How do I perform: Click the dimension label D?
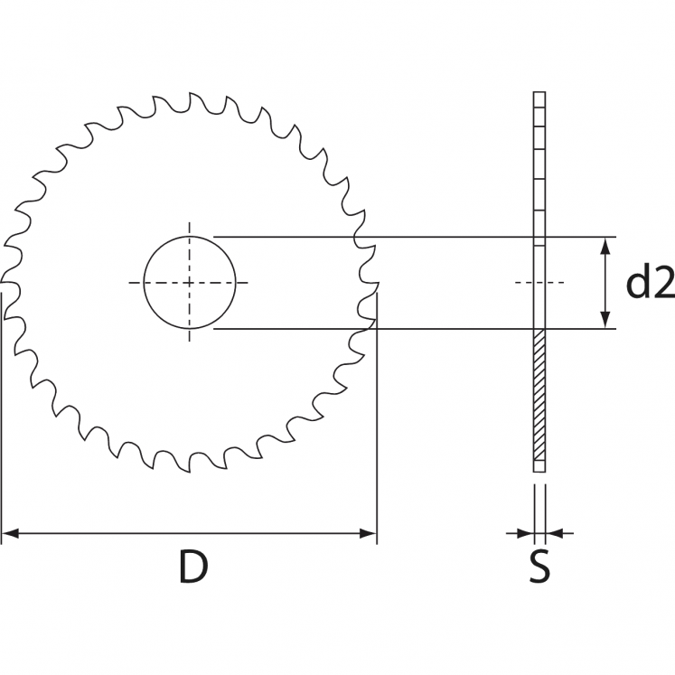[x=192, y=567]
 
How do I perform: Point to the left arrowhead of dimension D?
[x=9, y=534]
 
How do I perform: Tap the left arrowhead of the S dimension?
[x=526, y=533]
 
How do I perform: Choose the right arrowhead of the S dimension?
[x=554, y=533]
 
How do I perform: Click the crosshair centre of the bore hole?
[x=190, y=283]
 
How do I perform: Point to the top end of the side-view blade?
[x=539, y=95]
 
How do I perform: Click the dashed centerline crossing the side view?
[x=539, y=283]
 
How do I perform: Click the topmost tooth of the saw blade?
[x=192, y=97]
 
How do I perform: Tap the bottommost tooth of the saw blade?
[x=192, y=469]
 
